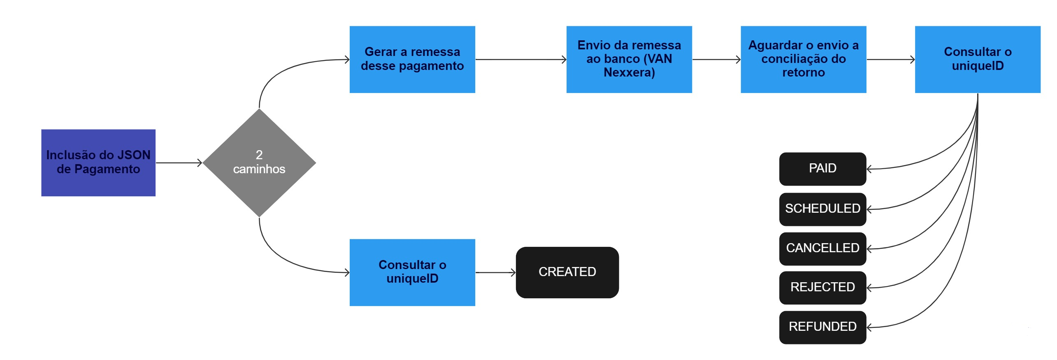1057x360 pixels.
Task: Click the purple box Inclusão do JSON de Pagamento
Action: [98, 163]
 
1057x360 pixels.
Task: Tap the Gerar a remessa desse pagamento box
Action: [412, 59]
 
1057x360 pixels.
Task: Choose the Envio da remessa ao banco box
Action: [629, 59]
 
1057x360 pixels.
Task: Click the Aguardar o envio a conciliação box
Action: [803, 59]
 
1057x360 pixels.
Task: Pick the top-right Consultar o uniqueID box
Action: [977, 59]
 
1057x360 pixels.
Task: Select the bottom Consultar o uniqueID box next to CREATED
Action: [412, 272]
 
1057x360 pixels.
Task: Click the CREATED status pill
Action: [567, 272]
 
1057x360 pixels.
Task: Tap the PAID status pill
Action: [822, 169]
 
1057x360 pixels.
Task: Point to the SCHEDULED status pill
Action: [822, 209]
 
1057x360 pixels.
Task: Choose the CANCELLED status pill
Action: [822, 249]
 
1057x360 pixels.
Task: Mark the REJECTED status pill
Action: [822, 287]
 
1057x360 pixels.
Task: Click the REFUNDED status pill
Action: [822, 327]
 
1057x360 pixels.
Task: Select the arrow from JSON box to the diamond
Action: [179, 163]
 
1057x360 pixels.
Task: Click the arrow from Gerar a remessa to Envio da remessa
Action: [520, 60]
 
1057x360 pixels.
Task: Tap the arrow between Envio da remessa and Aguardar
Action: [716, 60]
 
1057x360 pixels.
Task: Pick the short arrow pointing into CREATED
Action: [495, 272]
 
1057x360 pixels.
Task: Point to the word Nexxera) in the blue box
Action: [629, 73]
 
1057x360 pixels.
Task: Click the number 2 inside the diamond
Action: [259, 155]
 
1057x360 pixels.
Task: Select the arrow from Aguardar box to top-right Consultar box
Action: [890, 60]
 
